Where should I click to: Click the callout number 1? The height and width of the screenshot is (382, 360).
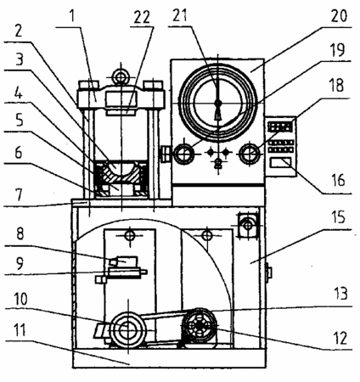pos(72,16)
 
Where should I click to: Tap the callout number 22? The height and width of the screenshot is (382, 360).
pos(142,18)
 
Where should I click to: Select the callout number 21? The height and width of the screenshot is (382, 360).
pos(180,15)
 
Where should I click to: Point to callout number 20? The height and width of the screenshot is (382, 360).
pos(339,16)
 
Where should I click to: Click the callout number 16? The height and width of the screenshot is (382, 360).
pos(338,180)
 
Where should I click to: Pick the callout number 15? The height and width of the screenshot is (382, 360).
pos(339,217)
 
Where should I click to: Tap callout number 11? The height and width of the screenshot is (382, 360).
pos(20,330)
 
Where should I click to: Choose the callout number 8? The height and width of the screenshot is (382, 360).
pos(20,233)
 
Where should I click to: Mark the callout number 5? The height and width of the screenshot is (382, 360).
pos(20,121)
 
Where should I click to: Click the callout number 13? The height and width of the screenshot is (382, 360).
pos(340,294)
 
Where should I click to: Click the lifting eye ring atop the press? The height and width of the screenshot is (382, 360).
pos(121,76)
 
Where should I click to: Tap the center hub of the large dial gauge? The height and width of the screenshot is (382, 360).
pos(217,103)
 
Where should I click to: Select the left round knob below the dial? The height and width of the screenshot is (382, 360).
pos(184,154)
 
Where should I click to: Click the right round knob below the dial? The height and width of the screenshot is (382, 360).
pos(250,154)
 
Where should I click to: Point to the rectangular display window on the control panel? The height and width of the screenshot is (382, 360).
pos(280,164)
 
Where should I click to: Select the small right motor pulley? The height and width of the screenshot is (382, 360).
pos(200,325)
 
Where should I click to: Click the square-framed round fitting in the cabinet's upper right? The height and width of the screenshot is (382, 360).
pos(248,225)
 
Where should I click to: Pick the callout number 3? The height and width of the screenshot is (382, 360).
pos(20,59)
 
